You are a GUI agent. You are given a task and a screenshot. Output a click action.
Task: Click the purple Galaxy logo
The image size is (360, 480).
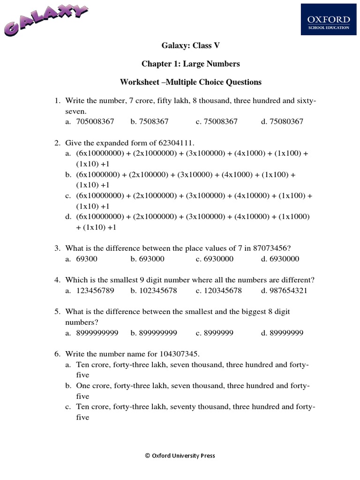46,21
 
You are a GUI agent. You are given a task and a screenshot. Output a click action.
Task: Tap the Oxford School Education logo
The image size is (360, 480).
328,22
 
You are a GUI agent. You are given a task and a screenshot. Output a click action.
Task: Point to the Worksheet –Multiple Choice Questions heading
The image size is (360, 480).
190,82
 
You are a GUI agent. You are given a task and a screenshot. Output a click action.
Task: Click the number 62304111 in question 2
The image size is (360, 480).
176,142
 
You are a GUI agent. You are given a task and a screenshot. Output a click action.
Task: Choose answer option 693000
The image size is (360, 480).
151,259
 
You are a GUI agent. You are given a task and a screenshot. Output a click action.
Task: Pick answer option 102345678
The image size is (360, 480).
158,291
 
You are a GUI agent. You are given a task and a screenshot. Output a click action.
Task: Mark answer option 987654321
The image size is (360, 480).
288,291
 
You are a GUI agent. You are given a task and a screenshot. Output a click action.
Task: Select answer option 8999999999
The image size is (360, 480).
97,333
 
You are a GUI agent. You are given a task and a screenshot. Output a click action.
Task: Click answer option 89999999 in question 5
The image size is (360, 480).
286,333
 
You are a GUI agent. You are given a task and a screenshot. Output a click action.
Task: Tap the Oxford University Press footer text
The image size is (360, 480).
180,455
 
